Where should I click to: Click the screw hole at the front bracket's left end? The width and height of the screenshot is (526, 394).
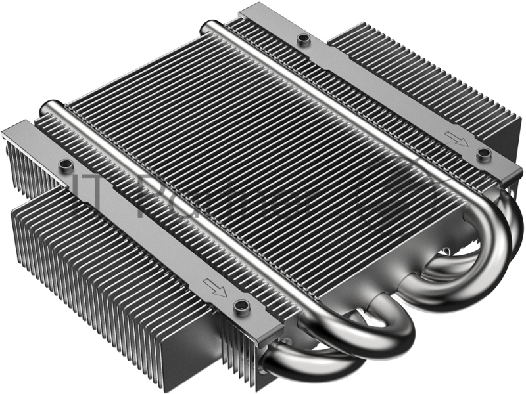point(64,164)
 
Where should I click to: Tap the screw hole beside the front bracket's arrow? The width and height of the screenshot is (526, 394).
point(241,305)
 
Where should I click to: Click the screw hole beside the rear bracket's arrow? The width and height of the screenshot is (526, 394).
point(484,154)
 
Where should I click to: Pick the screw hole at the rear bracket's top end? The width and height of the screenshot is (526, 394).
point(303,39)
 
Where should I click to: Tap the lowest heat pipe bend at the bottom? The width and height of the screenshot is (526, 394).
point(309,368)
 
